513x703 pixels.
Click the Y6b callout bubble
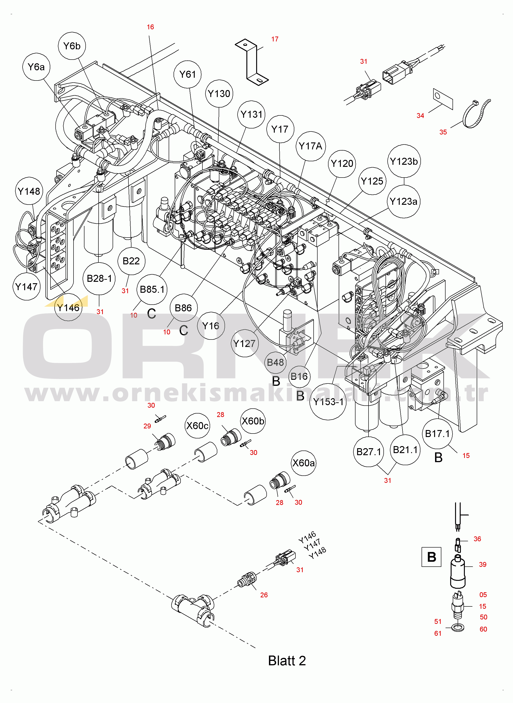(x=72, y=46)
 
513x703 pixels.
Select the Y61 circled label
(x=188, y=74)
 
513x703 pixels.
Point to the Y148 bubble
(x=29, y=191)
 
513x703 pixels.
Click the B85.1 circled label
(x=152, y=289)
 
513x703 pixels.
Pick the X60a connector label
(x=303, y=463)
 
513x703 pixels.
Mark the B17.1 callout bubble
(x=437, y=434)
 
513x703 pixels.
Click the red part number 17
(x=275, y=39)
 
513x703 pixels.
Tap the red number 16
(x=150, y=27)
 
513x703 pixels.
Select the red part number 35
(x=443, y=132)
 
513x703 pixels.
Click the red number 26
(x=264, y=595)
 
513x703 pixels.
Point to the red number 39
(x=483, y=565)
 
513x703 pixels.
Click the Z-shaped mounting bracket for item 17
(x=251, y=62)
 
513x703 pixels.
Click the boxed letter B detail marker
(x=431, y=557)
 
